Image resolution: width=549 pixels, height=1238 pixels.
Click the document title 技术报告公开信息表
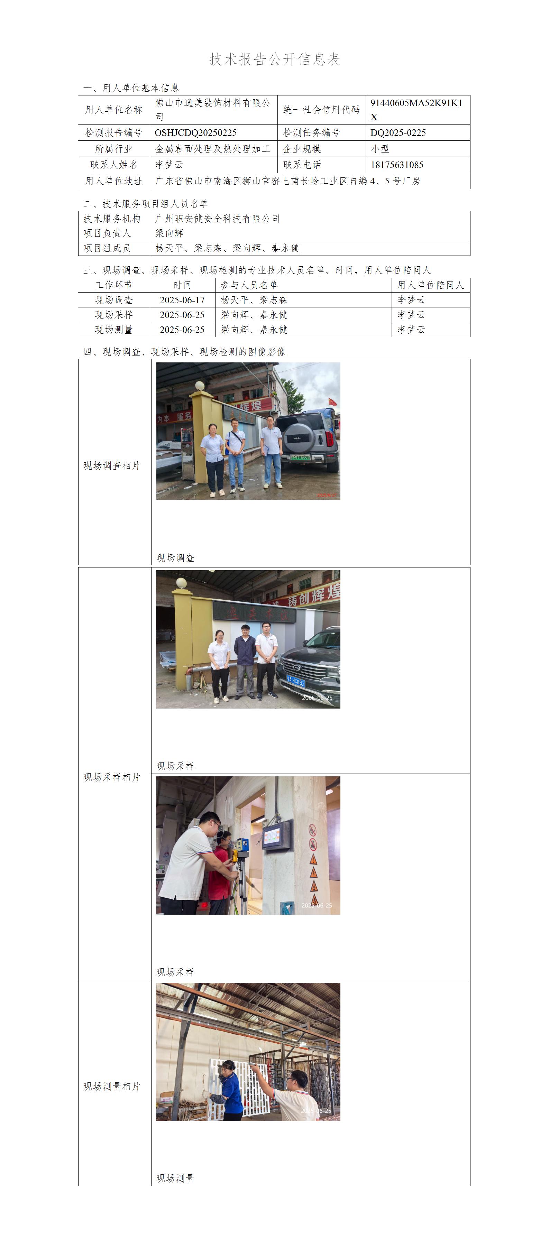point(275,59)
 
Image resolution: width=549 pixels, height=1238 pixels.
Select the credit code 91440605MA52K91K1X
point(416,110)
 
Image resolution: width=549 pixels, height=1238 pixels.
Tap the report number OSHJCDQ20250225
point(196,133)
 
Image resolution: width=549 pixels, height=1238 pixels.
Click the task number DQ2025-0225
point(398,133)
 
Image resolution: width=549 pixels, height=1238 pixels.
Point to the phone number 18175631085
point(397,165)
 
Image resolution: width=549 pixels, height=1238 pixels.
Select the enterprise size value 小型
point(380,149)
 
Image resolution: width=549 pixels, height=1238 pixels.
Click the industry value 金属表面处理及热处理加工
point(213,149)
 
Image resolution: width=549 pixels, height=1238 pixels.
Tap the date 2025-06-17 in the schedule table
point(182,300)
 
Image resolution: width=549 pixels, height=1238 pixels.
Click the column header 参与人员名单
point(249,285)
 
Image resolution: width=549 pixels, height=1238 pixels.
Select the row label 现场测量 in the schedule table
point(114,330)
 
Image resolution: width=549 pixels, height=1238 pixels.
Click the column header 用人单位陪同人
point(431,285)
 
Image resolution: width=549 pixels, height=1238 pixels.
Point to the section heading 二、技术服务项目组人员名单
point(146,204)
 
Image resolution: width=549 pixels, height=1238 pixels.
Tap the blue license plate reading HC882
point(296,681)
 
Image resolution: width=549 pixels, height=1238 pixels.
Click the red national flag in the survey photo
point(332,402)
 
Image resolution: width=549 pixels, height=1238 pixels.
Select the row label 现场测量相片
point(112,1086)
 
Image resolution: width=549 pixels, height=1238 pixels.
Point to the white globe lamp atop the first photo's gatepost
point(200,386)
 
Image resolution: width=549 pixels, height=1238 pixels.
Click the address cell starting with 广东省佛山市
point(287,181)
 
